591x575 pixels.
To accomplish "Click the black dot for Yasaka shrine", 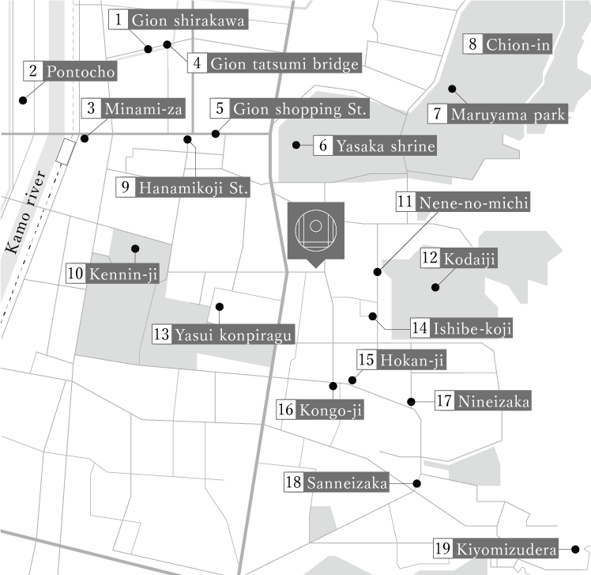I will pyautogui.click(x=296, y=145).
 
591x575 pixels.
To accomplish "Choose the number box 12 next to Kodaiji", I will pyautogui.click(x=430, y=258).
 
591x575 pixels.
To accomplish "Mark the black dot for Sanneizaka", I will pyautogui.click(x=416, y=483).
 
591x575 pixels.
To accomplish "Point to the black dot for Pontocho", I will pyautogui.click(x=22, y=100).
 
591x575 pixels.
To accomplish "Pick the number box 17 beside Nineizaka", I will pyautogui.click(x=443, y=401).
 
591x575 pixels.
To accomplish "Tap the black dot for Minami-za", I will pyautogui.click(x=85, y=138).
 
